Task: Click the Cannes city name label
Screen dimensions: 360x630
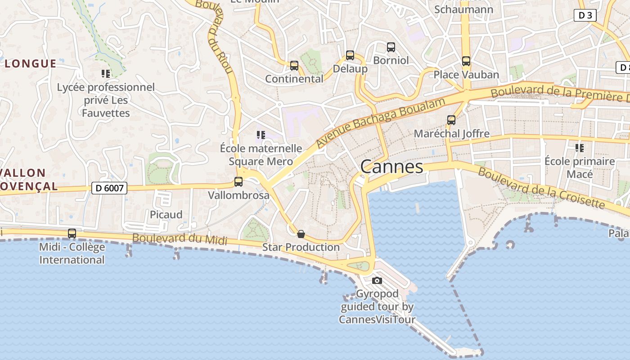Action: tap(391, 167)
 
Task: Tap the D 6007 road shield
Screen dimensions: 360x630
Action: tap(109, 188)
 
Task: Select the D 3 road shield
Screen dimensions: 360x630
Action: tap(585, 15)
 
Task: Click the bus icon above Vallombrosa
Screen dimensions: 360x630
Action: tap(238, 182)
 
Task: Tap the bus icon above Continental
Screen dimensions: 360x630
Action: tap(294, 66)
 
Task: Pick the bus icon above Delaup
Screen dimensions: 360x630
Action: tap(350, 55)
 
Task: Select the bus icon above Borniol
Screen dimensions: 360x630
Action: tap(391, 47)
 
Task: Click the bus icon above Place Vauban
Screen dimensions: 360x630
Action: tap(466, 61)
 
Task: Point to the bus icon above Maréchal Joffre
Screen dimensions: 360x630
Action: tap(451, 120)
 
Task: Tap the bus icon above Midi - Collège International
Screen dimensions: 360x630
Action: tap(72, 234)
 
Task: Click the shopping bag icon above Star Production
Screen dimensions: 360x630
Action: tap(301, 234)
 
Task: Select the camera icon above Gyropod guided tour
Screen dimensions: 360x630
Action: tap(377, 281)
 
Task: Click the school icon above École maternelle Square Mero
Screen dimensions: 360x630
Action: tap(261, 135)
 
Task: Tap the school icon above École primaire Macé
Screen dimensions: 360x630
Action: tap(580, 148)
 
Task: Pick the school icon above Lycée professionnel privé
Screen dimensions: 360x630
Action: tap(106, 73)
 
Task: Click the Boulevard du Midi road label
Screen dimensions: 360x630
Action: tap(180, 239)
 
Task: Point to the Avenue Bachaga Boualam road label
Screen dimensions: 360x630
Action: tap(380, 122)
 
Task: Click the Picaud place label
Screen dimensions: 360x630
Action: tap(166, 215)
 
